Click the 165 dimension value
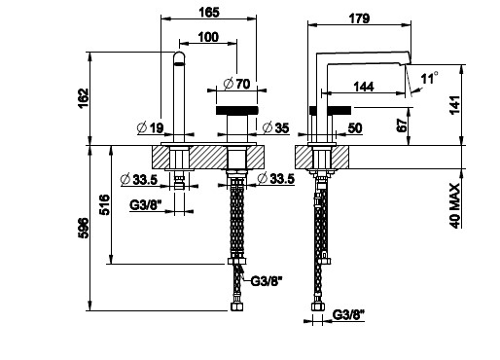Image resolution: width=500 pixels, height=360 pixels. (209, 12)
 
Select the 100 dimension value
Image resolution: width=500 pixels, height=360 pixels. (208, 37)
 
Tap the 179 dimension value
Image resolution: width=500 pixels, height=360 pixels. (359, 18)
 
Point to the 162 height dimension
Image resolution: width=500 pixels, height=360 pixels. (83, 98)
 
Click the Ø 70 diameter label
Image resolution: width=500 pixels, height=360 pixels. (237, 84)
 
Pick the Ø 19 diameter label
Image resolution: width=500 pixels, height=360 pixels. (151, 127)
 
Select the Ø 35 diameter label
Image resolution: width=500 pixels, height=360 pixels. (275, 127)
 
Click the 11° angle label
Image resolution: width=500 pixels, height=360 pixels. (430, 78)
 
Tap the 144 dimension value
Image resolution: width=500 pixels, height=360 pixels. (364, 87)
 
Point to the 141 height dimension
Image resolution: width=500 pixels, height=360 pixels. (454, 104)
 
